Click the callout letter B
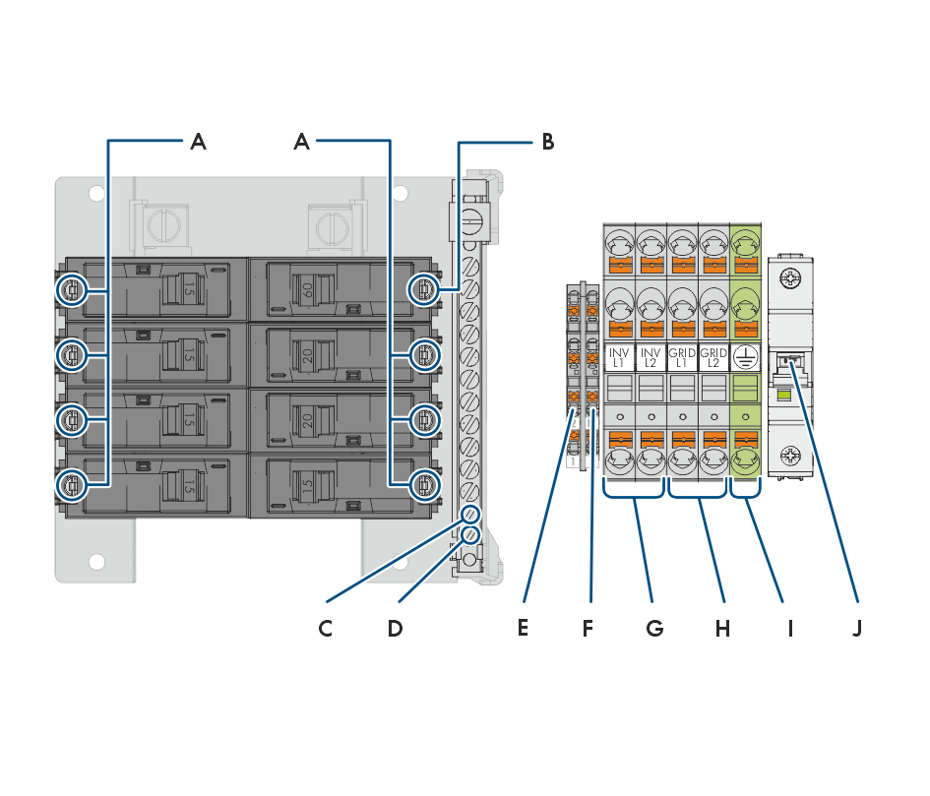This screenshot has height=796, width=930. [547, 142]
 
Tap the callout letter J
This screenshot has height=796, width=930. [856, 627]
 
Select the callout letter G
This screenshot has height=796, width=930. [654, 627]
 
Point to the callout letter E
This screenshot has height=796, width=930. [523, 627]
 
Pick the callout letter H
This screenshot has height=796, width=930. [722, 627]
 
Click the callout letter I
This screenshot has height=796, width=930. [789, 627]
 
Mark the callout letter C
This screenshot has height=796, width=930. [326, 628]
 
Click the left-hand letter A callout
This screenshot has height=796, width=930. [198, 142]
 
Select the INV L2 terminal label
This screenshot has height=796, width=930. [651, 357]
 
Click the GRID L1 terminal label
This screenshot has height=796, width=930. [682, 357]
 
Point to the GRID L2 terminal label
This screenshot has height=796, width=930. [713, 357]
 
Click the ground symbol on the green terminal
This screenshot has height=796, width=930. [745, 357]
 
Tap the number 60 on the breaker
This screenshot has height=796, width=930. [307, 290]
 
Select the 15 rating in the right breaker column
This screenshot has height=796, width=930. [307, 485]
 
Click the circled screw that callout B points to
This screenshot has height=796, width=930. [423, 289]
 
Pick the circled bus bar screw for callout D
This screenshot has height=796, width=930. [471, 535]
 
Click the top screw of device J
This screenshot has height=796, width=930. [790, 279]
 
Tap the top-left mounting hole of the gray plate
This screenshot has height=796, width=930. [95, 194]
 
